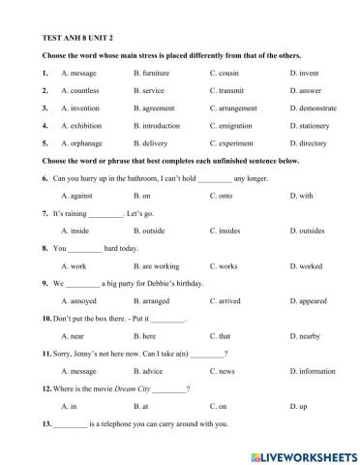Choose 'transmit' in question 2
232,90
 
